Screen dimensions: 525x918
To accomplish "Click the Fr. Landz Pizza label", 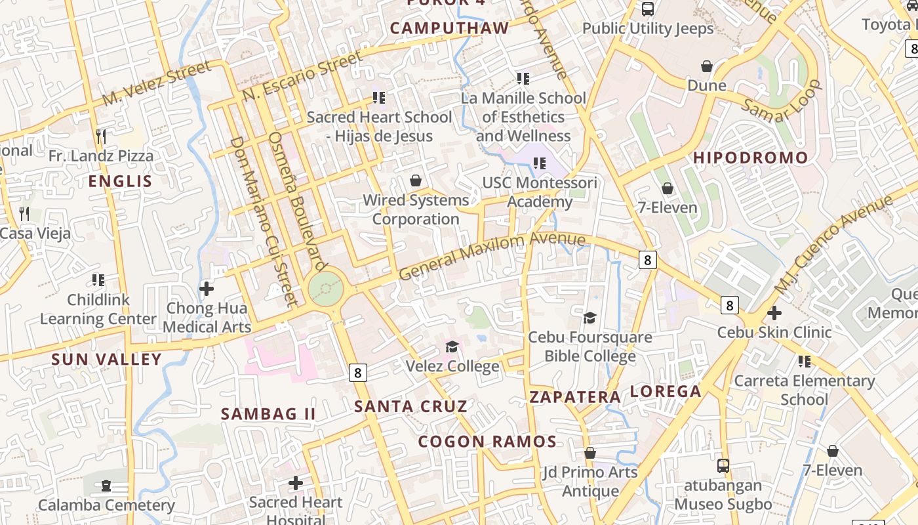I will [101, 156].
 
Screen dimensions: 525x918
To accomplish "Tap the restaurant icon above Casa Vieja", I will [24, 213].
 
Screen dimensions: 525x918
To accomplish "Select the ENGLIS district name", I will [120, 182].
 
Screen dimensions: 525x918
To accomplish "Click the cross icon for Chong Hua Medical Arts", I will [207, 289].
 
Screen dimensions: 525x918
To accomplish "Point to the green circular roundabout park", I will [325, 287].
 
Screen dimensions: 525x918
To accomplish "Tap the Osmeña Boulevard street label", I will [298, 201].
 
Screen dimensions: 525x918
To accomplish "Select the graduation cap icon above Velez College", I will [452, 346].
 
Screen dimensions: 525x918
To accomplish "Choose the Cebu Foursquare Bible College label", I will [590, 346].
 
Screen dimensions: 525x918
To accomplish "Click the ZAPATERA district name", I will [575, 397].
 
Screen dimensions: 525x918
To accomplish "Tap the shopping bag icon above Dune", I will [707, 66].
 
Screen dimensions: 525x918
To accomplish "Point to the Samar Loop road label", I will [782, 101].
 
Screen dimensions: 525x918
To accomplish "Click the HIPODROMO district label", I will [751, 158].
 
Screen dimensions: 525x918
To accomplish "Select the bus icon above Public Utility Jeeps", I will [648, 9].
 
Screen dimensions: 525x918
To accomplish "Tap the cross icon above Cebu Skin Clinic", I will [774, 313].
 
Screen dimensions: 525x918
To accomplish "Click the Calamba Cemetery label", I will [106, 505].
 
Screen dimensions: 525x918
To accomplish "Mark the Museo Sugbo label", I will [723, 504].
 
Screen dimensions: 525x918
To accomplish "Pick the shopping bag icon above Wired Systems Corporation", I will [415, 180].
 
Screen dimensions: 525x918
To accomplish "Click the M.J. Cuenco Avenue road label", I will [833, 244].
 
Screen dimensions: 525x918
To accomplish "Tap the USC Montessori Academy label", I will [540, 192].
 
